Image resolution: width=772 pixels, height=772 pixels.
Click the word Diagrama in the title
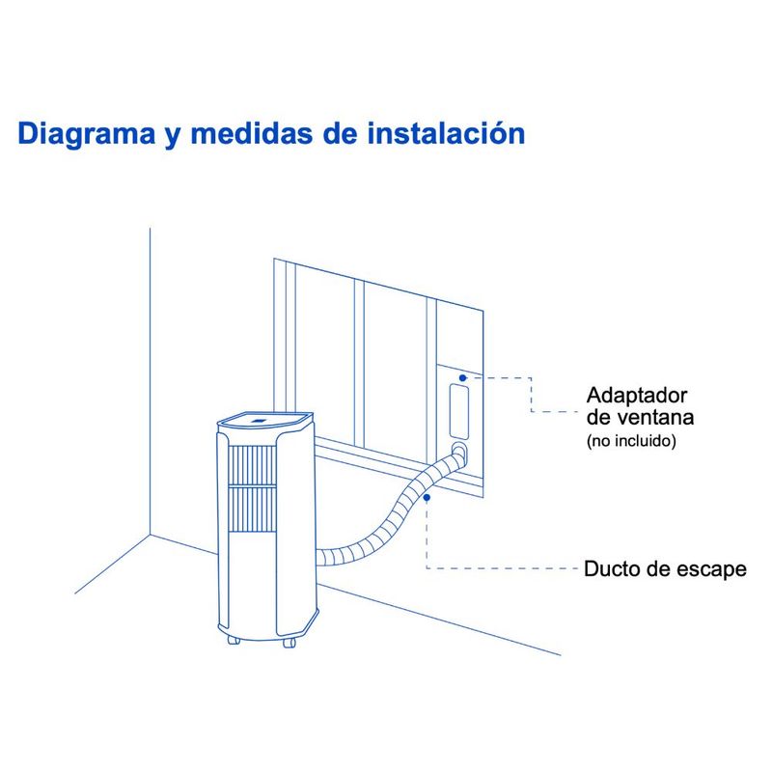[87, 134]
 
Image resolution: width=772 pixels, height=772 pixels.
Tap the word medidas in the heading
[251, 133]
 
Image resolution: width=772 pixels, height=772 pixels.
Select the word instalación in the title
[447, 133]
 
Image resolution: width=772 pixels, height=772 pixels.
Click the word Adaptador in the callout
[637, 396]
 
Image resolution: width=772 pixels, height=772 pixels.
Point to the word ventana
[655, 418]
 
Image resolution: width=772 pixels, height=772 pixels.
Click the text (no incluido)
[631, 440]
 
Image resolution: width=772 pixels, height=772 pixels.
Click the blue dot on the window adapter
[463, 377]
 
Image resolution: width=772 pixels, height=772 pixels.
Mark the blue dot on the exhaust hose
[427, 498]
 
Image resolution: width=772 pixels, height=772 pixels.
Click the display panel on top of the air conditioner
[259, 421]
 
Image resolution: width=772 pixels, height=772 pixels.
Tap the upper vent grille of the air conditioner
[253, 464]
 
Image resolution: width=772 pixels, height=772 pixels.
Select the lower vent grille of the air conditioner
[253, 510]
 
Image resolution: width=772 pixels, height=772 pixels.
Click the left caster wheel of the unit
[234, 640]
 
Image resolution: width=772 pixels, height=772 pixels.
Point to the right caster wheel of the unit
[289, 643]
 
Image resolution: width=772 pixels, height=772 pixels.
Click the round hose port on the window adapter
[459, 450]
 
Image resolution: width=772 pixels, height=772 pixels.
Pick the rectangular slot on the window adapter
[459, 412]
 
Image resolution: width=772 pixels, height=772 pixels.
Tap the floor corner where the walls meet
[150, 535]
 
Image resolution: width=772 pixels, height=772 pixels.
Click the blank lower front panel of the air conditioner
[252, 584]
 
